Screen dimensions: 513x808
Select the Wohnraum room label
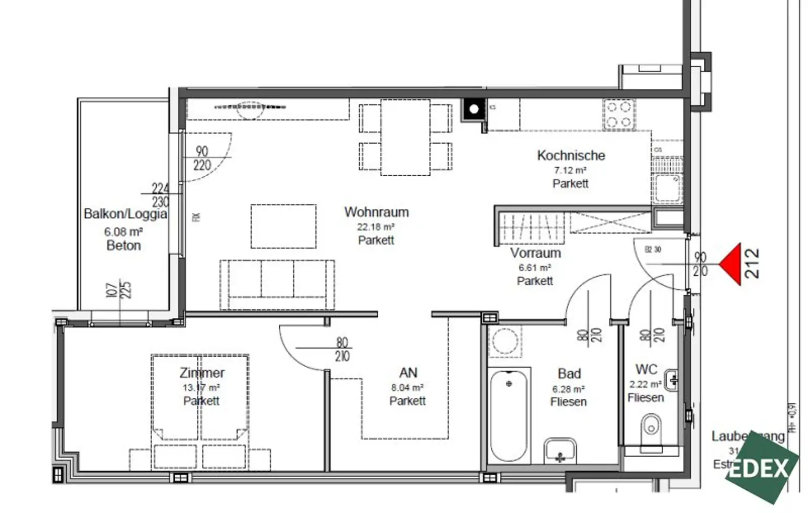click(376, 212)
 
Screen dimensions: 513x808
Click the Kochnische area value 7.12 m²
click(570, 170)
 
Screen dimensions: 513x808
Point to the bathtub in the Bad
click(508, 416)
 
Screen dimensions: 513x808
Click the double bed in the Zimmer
click(200, 397)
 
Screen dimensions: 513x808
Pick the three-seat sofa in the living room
click(277, 284)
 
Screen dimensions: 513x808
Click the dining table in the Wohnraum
click(406, 137)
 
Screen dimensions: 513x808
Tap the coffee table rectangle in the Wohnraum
click(284, 226)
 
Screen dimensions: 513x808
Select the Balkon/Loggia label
click(125, 214)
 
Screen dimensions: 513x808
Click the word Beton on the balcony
click(124, 246)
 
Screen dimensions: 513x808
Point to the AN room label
click(408, 373)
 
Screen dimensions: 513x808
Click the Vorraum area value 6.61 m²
click(534, 268)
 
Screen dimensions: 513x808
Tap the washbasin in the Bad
click(560, 451)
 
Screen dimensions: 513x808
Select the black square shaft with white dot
click(474, 109)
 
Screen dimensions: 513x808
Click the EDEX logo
click(760, 468)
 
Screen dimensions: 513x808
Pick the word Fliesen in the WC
click(645, 398)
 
